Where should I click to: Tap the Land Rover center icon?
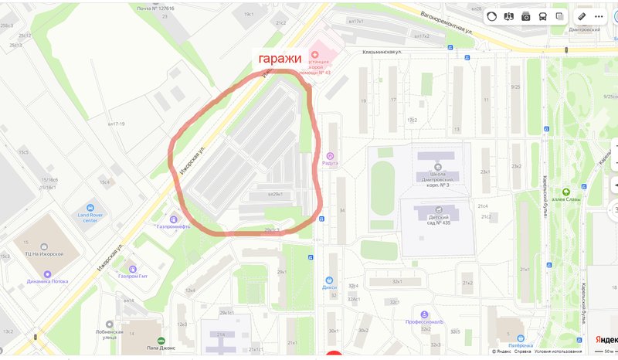point(90,209)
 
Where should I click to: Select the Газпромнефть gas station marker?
point(174,218)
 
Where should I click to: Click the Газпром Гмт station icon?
point(132,267)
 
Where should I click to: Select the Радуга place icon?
point(331,154)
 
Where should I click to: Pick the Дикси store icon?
point(330,280)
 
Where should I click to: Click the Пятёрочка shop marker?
point(525,336)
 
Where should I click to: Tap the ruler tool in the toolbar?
point(581,16)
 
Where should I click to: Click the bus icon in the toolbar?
point(543,16)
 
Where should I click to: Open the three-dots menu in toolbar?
point(602,16)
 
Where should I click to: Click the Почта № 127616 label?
point(155,8)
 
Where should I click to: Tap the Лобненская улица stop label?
point(100,334)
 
